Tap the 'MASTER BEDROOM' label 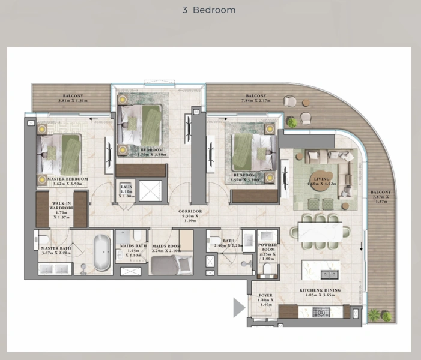[62, 179]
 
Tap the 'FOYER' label [265, 296]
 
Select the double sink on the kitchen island [330, 274]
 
